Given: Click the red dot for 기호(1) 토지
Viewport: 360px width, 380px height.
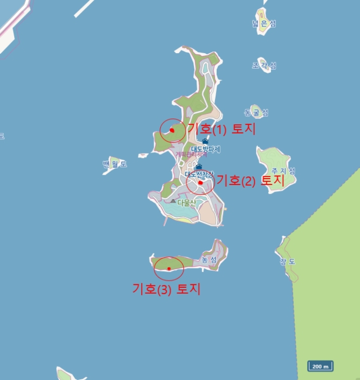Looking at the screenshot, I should click(x=172, y=130).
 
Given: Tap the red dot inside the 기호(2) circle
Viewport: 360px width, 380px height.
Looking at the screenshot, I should click(x=200, y=183).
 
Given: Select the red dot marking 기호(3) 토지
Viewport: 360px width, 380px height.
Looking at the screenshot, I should click(x=169, y=268).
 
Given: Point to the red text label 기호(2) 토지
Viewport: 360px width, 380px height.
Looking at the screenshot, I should click(x=250, y=181).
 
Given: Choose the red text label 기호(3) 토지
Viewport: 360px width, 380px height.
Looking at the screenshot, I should click(x=167, y=289).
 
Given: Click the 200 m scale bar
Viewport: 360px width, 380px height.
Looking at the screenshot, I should click(x=320, y=366).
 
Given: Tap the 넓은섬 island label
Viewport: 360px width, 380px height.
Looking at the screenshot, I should click(x=264, y=23).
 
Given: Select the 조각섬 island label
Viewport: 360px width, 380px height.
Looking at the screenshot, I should click(x=264, y=66).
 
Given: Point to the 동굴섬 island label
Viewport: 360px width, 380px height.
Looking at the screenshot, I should click(x=256, y=113).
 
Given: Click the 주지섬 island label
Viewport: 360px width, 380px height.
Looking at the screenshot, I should click(x=283, y=171).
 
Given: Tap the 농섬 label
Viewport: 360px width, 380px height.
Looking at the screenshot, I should click(x=209, y=260).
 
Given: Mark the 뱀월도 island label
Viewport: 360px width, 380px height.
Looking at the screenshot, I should click(x=115, y=164).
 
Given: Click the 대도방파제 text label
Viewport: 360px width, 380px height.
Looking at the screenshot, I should click(x=209, y=149).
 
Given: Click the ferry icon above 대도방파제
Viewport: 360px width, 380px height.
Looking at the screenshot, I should click(x=205, y=141).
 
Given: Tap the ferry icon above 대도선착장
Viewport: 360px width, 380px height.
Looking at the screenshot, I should click(x=199, y=167).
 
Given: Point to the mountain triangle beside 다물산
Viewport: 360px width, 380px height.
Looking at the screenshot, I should click(x=173, y=201).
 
